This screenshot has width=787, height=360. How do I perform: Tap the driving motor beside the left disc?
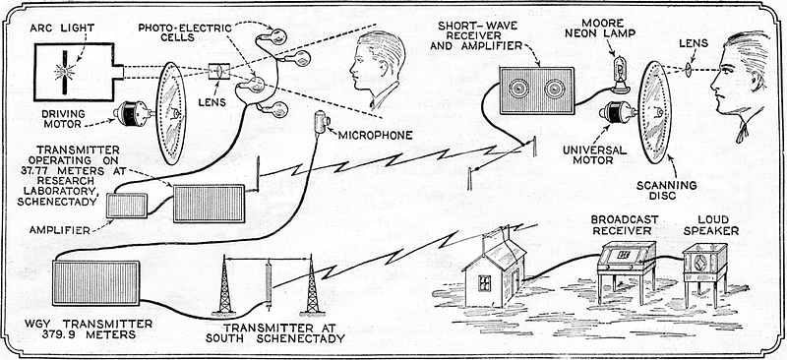point(132,113)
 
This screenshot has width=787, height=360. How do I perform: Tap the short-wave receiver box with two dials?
point(537,90)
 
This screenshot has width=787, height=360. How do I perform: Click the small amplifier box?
point(127,206)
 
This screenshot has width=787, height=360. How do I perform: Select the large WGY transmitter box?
point(95,282)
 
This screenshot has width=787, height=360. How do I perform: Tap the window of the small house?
point(485,283)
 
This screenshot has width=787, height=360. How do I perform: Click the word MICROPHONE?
point(376,135)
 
